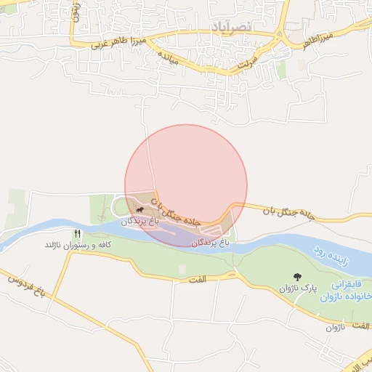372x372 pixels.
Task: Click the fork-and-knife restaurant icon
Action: click(78, 233)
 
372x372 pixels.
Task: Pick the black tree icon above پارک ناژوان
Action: click(297, 276)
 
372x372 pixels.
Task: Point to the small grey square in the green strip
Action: click(182, 269)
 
